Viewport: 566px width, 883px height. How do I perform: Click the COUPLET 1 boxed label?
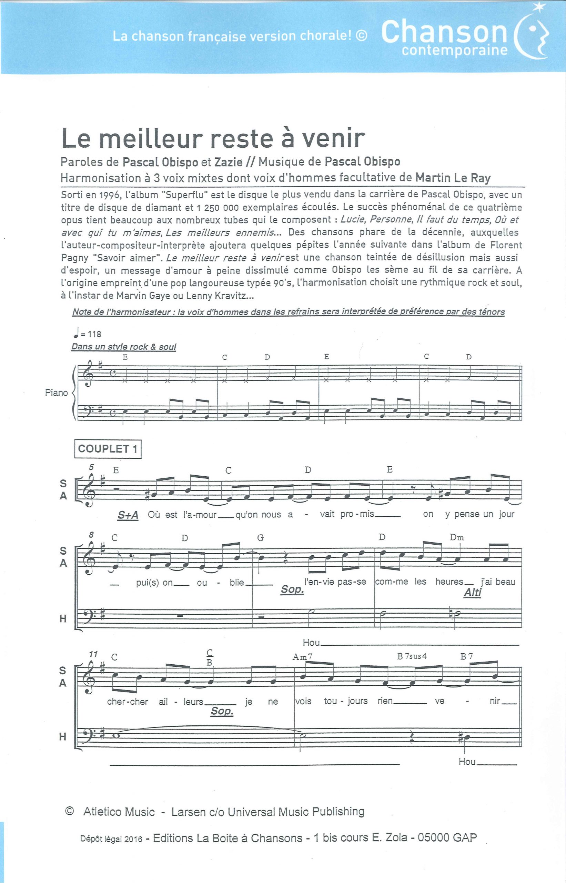pyautogui.click(x=107, y=449)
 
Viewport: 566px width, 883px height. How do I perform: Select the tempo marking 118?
pyautogui.click(x=94, y=334)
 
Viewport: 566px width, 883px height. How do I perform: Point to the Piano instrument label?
pyautogui.click(x=56, y=393)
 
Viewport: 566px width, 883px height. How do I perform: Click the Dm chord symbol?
pyautogui.click(x=457, y=537)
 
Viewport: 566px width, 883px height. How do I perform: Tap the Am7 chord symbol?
pyautogui.click(x=303, y=657)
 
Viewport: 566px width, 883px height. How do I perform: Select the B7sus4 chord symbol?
pyautogui.click(x=412, y=656)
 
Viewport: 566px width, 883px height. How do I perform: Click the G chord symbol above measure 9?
pyautogui.click(x=260, y=538)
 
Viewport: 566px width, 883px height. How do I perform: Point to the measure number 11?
pyautogui.click(x=93, y=654)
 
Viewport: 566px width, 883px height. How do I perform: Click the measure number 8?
pyautogui.click(x=91, y=534)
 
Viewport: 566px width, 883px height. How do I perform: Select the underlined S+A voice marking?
pyautogui.click(x=128, y=516)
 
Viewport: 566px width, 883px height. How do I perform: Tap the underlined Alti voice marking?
pyautogui.click(x=472, y=593)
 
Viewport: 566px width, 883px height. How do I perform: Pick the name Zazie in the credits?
pyautogui.click(x=228, y=162)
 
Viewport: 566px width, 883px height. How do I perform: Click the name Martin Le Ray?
pyautogui.click(x=453, y=178)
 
